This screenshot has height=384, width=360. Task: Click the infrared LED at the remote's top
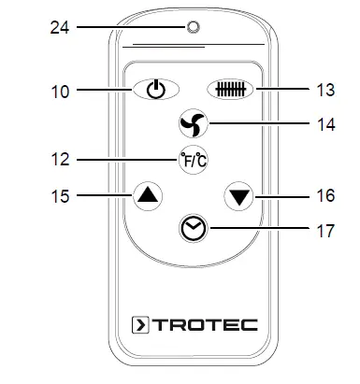pyautogui.click(x=194, y=27)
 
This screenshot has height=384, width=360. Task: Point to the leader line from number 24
pyautogui.click(x=131, y=27)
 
